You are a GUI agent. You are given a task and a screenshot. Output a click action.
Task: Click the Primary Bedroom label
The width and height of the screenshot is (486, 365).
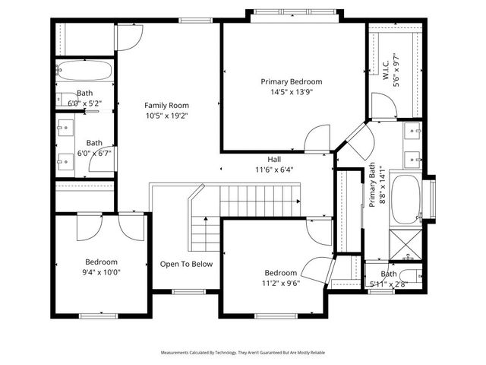click(292, 81)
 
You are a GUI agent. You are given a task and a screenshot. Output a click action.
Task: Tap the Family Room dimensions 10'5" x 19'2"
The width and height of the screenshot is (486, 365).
click(167, 116)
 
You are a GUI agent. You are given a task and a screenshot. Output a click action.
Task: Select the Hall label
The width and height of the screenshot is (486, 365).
click(274, 159)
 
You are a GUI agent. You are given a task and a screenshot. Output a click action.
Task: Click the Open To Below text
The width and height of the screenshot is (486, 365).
click(186, 265)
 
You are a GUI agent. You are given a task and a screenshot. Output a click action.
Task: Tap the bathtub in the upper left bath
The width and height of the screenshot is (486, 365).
click(84, 71)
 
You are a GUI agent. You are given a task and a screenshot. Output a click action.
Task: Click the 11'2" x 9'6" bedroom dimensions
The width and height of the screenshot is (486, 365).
click(280, 284)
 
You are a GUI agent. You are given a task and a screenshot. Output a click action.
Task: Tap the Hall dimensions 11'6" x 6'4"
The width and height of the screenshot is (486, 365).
click(274, 170)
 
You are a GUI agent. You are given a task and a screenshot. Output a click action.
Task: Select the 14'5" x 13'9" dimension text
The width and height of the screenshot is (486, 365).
click(292, 92)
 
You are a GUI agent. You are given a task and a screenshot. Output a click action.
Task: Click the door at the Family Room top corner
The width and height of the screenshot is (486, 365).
click(130, 36)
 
